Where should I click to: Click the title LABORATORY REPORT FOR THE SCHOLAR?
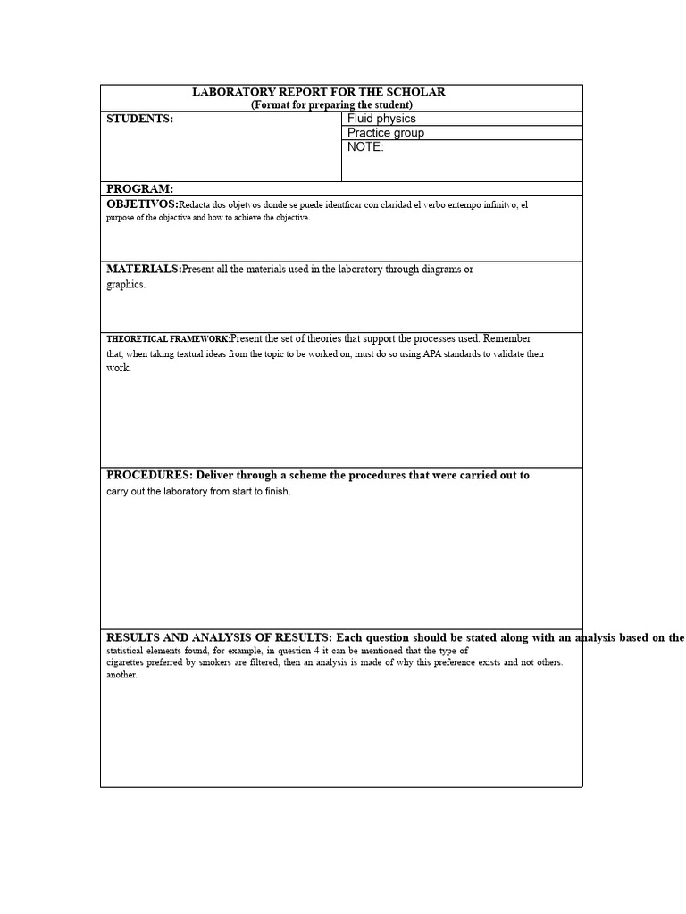tap(319, 92)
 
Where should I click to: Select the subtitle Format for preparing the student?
tap(331, 104)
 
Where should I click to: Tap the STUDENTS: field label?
tap(139, 119)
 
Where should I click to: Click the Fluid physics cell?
tap(381, 119)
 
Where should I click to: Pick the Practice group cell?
tap(386, 133)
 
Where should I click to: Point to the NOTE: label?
tap(365, 147)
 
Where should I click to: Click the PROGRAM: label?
tap(139, 189)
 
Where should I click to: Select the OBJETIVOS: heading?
tap(142, 204)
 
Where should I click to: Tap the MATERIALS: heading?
tap(144, 269)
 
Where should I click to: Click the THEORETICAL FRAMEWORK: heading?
tap(168, 339)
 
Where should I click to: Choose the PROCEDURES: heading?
tap(149, 475)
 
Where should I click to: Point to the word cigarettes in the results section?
tap(130, 662)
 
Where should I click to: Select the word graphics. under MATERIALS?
tap(126, 285)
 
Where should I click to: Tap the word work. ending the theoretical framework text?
tap(119, 368)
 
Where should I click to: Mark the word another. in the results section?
tap(122, 675)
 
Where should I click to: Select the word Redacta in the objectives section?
tap(197, 205)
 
